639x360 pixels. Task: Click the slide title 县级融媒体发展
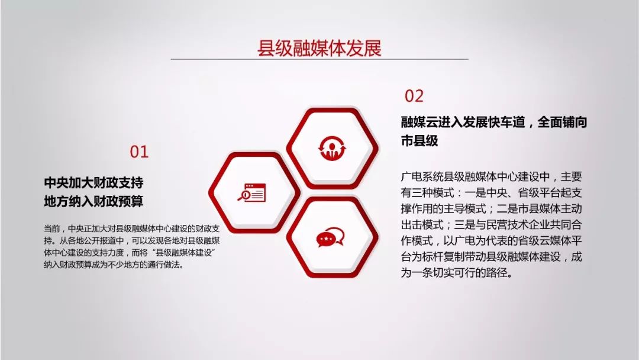319,48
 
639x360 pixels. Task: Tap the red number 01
140,152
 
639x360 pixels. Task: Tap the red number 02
414,96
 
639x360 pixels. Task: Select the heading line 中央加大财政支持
93,182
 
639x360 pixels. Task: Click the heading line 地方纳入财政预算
93,201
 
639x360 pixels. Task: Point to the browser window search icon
251,192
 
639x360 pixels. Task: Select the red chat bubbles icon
331,237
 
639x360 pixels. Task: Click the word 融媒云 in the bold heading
419,122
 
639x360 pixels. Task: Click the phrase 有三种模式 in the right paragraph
428,193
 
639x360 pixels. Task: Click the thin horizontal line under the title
319,59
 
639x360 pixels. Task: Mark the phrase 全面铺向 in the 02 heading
563,122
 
